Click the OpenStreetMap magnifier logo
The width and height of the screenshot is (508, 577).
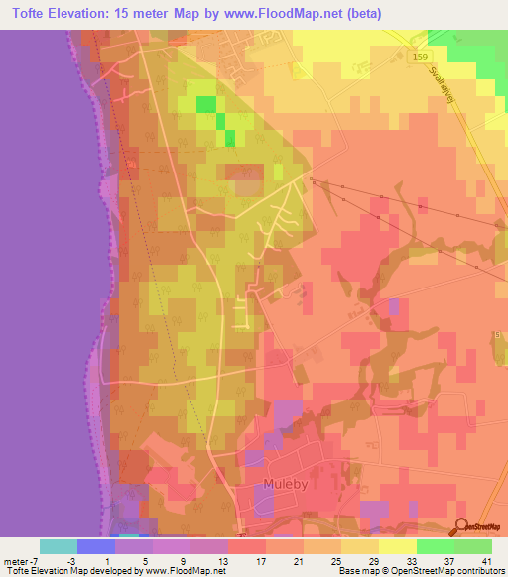pyautogui.click(x=462, y=526)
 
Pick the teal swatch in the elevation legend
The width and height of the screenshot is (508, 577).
pyautogui.click(x=59, y=546)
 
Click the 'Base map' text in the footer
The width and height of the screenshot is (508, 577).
pyautogui.click(x=359, y=571)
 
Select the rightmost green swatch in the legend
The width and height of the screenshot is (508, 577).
pyautogui.click(x=472, y=546)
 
